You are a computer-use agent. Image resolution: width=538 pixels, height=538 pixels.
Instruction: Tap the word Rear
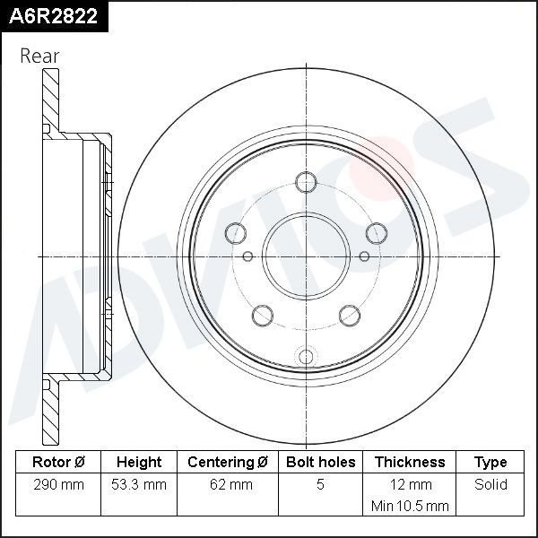click(39, 56)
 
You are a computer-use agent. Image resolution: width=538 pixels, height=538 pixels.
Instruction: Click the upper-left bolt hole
click(235, 233)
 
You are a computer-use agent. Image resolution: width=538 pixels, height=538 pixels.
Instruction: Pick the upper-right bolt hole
click(377, 233)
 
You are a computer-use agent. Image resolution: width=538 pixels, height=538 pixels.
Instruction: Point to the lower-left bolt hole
click(262, 315)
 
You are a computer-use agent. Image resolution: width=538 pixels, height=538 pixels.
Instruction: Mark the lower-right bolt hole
click(350, 315)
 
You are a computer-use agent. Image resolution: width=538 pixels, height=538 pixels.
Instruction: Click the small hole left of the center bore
click(248, 256)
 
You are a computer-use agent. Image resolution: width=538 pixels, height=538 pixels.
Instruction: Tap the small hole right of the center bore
click(364, 256)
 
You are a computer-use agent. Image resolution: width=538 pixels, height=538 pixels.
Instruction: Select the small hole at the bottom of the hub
click(306, 354)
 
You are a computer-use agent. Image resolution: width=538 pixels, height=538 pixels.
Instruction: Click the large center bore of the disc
click(306, 256)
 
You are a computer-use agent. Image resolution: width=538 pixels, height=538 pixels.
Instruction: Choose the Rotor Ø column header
click(58, 463)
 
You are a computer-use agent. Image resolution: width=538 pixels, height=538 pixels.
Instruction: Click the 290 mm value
click(58, 485)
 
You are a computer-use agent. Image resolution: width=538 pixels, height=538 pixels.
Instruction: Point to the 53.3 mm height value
click(139, 485)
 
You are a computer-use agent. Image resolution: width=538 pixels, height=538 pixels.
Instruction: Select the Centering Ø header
click(228, 463)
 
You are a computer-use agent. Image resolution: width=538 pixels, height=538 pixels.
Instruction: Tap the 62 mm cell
click(228, 485)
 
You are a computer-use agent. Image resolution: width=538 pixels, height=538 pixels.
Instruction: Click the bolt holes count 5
click(320, 485)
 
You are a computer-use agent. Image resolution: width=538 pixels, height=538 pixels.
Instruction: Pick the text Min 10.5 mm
click(409, 507)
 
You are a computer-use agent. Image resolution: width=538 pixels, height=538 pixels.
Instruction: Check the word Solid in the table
click(490, 485)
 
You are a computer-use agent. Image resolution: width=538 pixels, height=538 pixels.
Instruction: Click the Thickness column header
click(409, 463)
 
